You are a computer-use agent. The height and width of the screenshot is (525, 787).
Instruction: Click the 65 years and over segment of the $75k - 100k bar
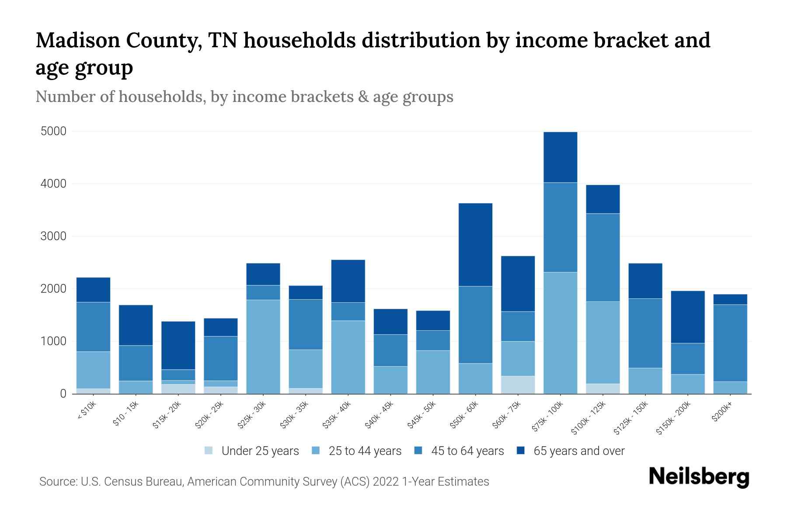pyautogui.click(x=560, y=157)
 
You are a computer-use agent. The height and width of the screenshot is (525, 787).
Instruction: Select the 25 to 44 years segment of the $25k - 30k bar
pyautogui.click(x=263, y=346)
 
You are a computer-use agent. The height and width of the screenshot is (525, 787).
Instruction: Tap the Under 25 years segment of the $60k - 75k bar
pyautogui.click(x=518, y=385)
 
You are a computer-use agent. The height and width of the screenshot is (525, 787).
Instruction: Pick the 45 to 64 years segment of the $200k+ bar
pyautogui.click(x=730, y=343)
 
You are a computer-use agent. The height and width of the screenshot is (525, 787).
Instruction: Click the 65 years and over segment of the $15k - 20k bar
pyautogui.click(x=178, y=345)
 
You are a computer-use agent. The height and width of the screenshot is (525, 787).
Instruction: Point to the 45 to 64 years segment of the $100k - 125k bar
pyautogui.click(x=602, y=257)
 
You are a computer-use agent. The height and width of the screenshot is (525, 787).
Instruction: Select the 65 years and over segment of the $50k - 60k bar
pyautogui.click(x=475, y=245)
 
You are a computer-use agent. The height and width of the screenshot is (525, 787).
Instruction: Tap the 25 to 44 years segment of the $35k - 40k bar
pyautogui.click(x=348, y=357)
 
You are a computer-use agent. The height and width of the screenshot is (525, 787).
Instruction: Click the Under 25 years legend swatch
pyautogui.click(x=209, y=450)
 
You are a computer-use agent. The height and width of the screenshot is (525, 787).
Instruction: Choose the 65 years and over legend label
pyautogui.click(x=578, y=451)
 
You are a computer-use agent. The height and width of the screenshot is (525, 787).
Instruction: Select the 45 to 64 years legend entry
pyautogui.click(x=467, y=451)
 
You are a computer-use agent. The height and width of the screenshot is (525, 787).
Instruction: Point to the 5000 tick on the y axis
pyautogui.click(x=54, y=131)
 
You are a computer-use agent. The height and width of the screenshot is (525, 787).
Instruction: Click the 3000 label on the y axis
pyautogui.click(x=54, y=236)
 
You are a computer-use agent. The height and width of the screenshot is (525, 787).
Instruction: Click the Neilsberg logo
pyautogui.click(x=699, y=477)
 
